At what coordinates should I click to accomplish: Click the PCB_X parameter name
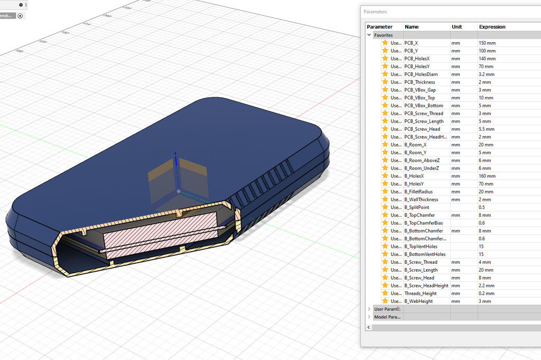point(411,43)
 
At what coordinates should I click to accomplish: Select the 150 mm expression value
point(487,43)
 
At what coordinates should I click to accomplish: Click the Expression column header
point(492,27)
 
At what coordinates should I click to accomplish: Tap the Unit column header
point(457,27)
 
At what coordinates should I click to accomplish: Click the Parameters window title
point(375,12)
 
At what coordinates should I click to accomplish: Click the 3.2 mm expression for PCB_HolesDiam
point(487,75)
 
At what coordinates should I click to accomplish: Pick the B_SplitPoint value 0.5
point(483,207)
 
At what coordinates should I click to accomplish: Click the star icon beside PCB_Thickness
point(385,82)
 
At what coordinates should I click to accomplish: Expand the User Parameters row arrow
point(369,309)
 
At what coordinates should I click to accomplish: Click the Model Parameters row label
point(387,317)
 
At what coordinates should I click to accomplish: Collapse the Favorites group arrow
point(369,35)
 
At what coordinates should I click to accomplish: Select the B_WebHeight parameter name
point(418,301)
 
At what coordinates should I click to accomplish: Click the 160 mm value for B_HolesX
point(487,176)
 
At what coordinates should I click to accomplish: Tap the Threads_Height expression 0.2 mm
point(487,293)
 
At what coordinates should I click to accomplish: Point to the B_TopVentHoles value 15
point(482,246)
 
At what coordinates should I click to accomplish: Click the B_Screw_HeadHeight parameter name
point(426,285)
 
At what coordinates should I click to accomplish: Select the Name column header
point(412,27)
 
